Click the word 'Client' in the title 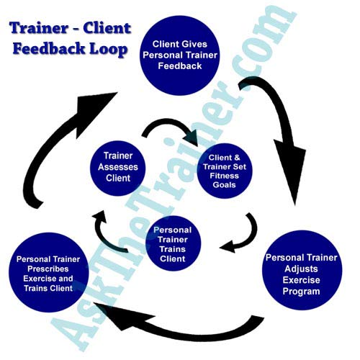[108, 30]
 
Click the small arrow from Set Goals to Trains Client [245, 234]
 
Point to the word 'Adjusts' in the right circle [303, 268]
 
